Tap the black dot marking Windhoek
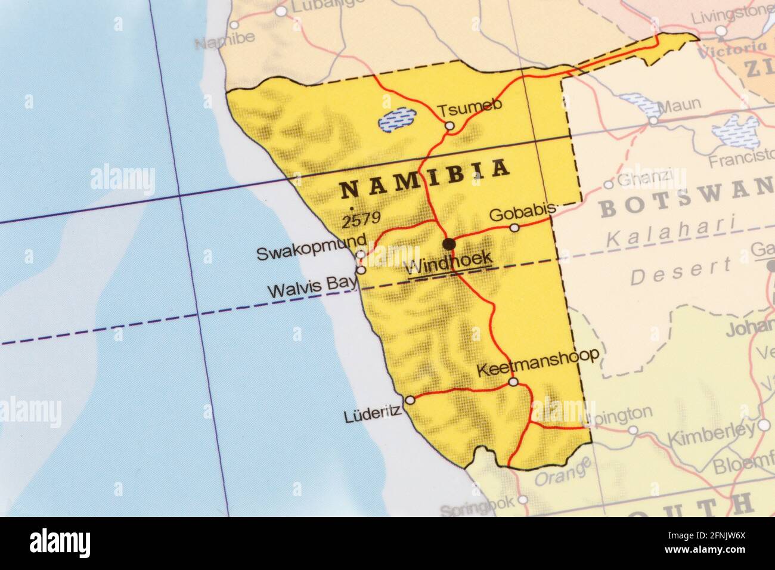click(449, 243)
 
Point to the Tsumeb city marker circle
click(449, 125)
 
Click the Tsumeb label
click(470, 109)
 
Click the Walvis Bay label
click(312, 291)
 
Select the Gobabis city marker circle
click(514, 228)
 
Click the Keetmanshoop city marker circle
click(513, 382)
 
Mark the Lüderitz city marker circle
click(410, 399)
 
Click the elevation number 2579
click(361, 219)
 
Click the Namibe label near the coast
click(224, 41)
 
